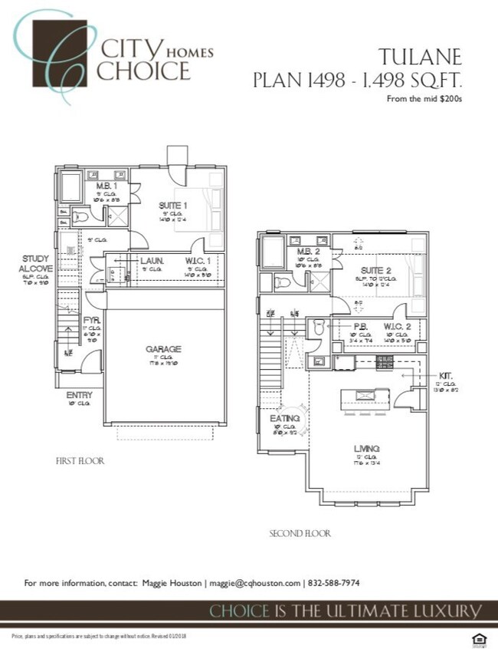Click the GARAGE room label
(164, 349)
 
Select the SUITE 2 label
(355, 271)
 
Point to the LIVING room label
(367, 448)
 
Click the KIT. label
(446, 376)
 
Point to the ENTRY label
(80, 395)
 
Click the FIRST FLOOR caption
(80, 461)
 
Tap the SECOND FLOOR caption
(300, 533)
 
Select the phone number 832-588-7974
(334, 584)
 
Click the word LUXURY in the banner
(449, 611)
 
